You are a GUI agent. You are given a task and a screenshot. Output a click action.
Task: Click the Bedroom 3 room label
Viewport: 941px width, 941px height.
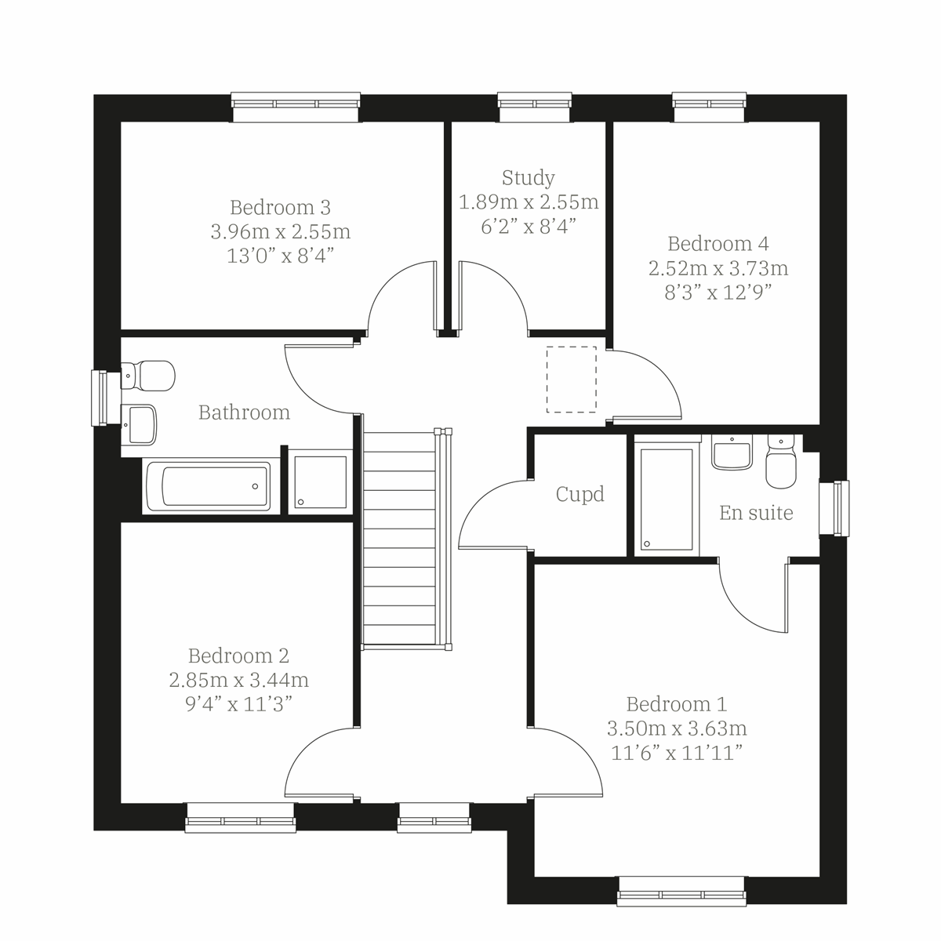pos(280,207)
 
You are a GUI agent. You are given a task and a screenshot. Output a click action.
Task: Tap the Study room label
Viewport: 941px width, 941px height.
pos(528,177)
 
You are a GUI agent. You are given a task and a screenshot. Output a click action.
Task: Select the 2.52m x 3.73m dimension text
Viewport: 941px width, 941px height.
pos(718,268)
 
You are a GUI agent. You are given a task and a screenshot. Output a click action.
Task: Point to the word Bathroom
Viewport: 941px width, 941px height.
pos(244,412)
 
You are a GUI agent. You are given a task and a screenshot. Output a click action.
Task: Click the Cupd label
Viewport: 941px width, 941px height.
pos(579,495)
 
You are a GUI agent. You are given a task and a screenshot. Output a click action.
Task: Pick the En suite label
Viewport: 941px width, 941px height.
pos(756,513)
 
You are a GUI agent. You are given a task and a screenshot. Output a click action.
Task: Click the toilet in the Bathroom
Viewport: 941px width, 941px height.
pos(149,375)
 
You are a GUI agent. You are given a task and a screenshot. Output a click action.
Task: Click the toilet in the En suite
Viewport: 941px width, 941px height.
pos(779,463)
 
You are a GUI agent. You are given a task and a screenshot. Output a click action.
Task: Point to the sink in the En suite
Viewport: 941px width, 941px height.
pos(732,452)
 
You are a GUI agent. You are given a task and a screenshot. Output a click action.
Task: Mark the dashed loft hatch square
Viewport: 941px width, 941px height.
pos(571,380)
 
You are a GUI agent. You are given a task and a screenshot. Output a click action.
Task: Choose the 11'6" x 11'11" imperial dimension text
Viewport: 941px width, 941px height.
pos(676,754)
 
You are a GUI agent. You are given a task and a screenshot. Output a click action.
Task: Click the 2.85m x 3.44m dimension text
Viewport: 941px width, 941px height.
pos(238,679)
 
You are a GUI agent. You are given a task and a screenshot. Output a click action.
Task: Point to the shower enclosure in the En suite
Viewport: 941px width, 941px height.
pos(666,498)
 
